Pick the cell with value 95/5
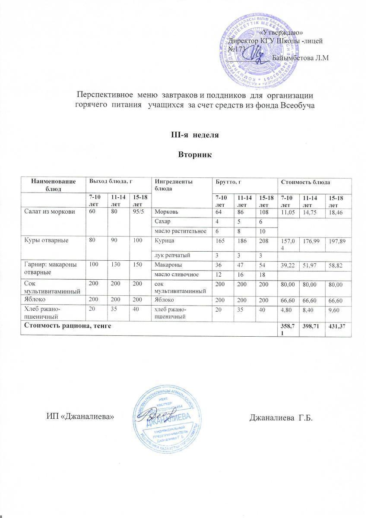(139, 212)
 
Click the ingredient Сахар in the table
(163, 221)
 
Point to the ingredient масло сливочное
(174, 274)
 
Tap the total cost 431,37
(338, 329)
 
